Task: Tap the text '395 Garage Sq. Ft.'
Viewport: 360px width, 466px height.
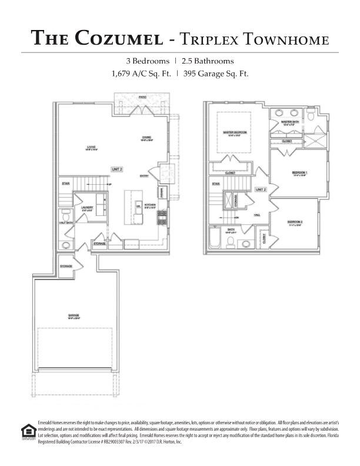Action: (216, 74)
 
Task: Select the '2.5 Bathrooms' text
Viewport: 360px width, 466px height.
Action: (207, 61)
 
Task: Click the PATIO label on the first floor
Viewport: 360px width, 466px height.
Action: (142, 96)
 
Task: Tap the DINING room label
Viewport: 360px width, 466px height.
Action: (146, 139)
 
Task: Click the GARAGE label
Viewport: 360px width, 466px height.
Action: (73, 315)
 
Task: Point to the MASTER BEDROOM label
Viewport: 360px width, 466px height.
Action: (235, 133)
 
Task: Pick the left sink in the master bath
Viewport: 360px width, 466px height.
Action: (279, 114)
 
